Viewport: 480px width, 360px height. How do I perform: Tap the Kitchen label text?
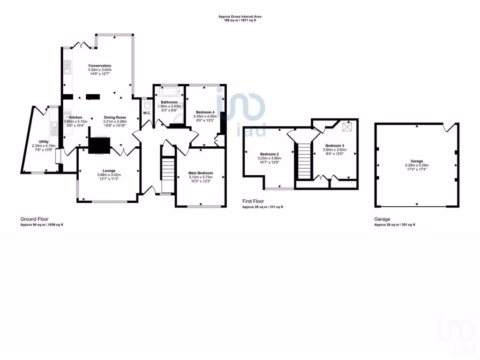(76, 117)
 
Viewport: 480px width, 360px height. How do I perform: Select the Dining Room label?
(115, 117)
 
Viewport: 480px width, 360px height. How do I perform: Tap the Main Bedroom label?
(200, 173)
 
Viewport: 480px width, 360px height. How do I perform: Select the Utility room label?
(44, 141)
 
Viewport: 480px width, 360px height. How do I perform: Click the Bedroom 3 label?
(335, 146)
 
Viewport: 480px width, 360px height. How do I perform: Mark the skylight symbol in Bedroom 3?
(348, 127)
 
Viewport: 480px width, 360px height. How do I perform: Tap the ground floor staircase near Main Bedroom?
(167, 169)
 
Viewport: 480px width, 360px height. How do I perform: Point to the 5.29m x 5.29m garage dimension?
(417, 165)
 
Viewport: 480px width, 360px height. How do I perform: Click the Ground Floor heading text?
(34, 219)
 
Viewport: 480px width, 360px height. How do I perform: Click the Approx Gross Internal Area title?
(240, 16)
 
